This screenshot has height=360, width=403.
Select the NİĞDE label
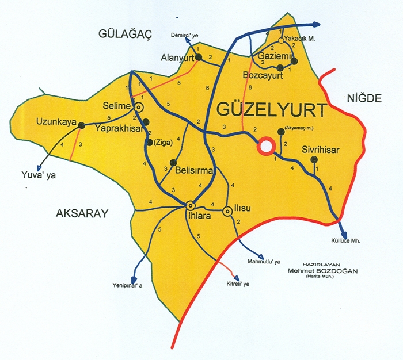click(364, 98)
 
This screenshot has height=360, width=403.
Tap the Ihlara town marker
click(190, 205)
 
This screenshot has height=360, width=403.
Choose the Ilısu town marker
click(227, 212)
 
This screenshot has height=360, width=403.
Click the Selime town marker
click(139, 107)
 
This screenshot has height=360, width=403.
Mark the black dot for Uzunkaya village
click(82, 125)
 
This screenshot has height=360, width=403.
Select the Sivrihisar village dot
click(314, 159)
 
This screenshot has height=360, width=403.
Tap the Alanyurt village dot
click(198, 58)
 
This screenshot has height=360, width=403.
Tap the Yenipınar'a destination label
click(132, 284)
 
